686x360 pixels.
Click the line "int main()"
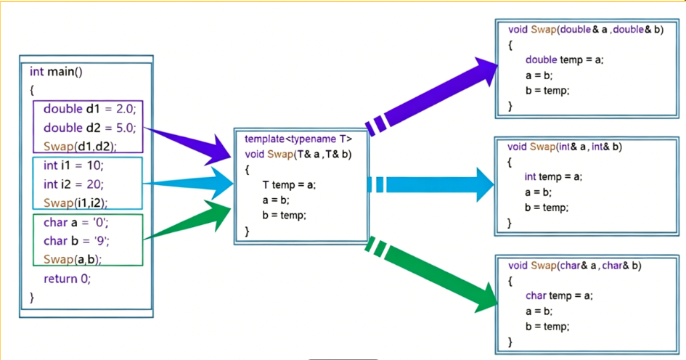(56, 72)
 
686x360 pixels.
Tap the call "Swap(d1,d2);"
(80, 146)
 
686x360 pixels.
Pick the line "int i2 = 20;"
(73, 184)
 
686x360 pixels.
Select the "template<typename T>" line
(298, 139)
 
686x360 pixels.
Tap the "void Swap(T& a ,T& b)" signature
(298, 153)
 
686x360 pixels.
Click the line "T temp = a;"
(289, 184)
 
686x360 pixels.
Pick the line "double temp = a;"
(564, 60)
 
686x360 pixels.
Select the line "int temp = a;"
(553, 176)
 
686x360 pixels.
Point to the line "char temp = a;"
(559, 295)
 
